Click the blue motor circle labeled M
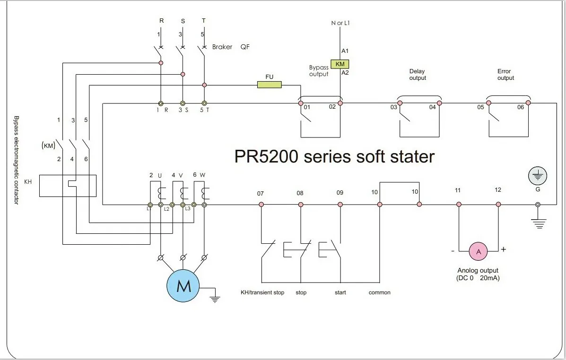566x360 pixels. coord(183,285)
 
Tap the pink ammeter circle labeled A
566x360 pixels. coord(479,252)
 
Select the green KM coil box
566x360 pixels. coord(340,64)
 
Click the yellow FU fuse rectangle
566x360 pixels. coord(269,85)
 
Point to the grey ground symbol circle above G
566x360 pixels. coord(538,177)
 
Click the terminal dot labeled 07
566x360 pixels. coord(261,205)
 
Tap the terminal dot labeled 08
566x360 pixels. coord(300,205)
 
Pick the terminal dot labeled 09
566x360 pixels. coord(340,205)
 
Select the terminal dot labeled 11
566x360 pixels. coord(458,205)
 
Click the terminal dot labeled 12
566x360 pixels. coord(498,205)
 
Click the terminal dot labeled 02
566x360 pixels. coord(340,103)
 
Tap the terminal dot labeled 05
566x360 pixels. coord(488,103)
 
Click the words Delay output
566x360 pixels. coord(418,75)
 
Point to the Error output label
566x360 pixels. coord(505,75)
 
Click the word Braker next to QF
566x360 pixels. coord(222,47)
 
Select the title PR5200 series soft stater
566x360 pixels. coord(334,156)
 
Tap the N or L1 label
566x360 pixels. coord(340,23)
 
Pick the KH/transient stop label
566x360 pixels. coord(262,292)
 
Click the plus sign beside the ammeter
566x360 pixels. coord(503,249)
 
